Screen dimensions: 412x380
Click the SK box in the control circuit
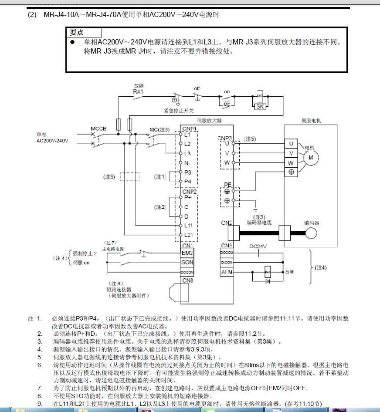tap(260, 107)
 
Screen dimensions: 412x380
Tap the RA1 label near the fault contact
tap(138, 91)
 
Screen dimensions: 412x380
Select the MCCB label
tap(98, 129)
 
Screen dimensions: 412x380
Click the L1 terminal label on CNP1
tap(187, 135)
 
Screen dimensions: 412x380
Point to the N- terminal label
tap(187, 163)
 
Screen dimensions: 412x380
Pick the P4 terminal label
tap(187, 181)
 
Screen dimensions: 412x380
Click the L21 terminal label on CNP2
tap(188, 235)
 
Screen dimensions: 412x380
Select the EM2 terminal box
tap(187, 253)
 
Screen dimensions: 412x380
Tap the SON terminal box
tap(187, 263)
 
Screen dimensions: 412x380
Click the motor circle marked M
tap(311, 158)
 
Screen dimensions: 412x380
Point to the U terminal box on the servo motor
tap(291, 143)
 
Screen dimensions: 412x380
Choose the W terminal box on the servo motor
tap(291, 162)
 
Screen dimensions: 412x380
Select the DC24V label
tap(258, 246)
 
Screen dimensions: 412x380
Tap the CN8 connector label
tap(187, 280)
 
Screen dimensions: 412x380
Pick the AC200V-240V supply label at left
tap(52, 141)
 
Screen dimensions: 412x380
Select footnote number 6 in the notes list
tap(40, 365)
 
